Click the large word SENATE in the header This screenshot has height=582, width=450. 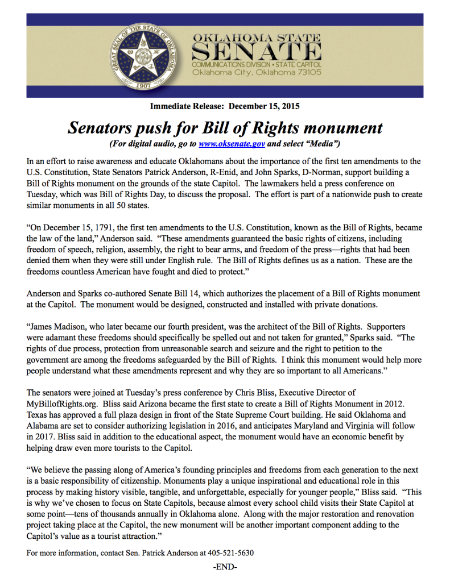pyautogui.click(x=256, y=55)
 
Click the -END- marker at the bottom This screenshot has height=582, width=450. pyautogui.click(x=225, y=567)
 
